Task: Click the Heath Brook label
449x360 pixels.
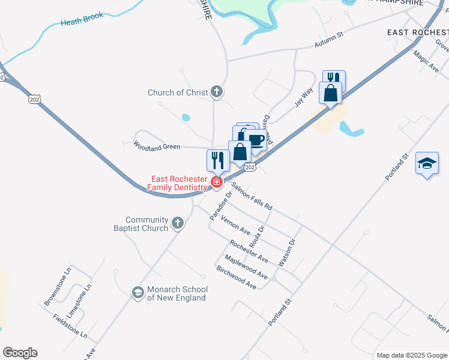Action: point(82,21)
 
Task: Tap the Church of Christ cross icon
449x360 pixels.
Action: point(217,92)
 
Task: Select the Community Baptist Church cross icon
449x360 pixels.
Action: point(177,223)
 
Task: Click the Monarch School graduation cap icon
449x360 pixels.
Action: point(137,293)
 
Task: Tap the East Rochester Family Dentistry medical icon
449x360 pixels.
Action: point(217,182)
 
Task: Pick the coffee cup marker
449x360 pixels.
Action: point(256,140)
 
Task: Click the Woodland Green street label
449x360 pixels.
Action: point(157,146)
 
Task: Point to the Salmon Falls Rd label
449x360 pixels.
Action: point(252,196)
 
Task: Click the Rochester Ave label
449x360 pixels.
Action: point(249,251)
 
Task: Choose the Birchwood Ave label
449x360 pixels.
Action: point(237,277)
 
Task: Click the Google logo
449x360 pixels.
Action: point(20,353)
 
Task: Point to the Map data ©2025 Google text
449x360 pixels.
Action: point(411,355)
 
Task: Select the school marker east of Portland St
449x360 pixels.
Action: point(427,163)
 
